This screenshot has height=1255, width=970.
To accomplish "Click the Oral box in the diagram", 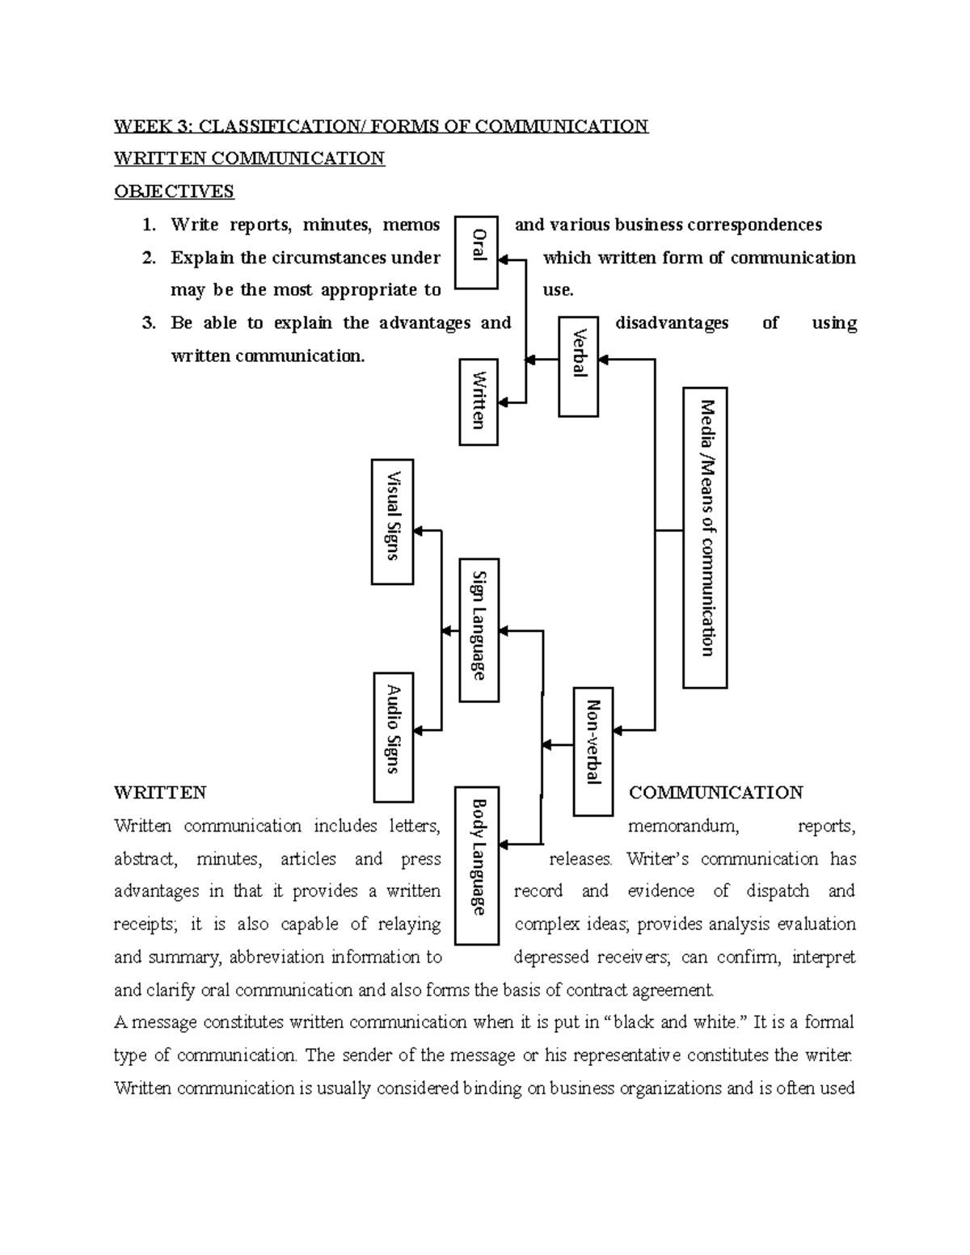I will [477, 252].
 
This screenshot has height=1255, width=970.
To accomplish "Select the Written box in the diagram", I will [479, 402].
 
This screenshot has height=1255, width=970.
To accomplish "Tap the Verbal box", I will [579, 366].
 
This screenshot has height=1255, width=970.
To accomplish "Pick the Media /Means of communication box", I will [705, 537].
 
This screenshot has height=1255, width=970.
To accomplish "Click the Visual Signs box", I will [393, 521].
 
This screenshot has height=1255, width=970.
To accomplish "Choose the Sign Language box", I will [479, 630].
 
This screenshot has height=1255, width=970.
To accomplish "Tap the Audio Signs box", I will [394, 736].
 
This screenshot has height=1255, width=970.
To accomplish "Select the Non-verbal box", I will [593, 751].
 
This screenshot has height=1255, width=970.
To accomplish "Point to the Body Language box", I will [477, 865].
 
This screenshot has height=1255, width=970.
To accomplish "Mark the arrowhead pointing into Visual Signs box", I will [420, 531].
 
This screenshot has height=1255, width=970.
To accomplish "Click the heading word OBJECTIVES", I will [174, 192].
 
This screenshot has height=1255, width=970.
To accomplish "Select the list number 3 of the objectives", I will [148, 323].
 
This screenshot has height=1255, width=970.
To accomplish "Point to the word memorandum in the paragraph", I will [683, 826].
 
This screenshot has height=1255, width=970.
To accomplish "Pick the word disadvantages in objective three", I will [672, 323].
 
